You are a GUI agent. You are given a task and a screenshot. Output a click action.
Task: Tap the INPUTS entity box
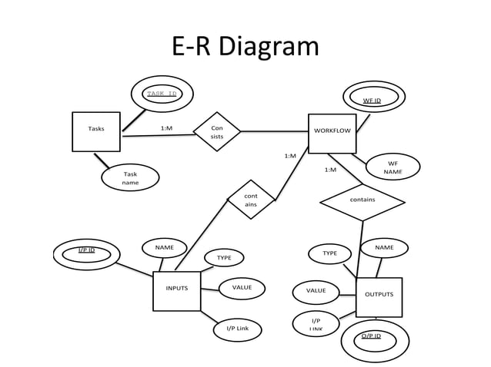pos(176,290)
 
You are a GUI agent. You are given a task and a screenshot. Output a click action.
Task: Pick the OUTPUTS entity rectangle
pos(379,296)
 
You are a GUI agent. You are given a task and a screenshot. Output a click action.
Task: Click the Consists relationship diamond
pos(216,132)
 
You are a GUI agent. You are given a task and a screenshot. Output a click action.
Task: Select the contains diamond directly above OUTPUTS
pos(362,201)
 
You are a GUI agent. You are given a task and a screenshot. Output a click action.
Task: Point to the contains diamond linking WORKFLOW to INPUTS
pos(251,200)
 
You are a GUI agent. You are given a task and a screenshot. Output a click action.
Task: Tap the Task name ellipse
pos(130,178)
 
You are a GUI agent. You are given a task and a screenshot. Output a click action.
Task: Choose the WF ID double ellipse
pos(372,100)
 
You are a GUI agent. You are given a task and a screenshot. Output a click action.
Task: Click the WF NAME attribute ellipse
pos(392,167)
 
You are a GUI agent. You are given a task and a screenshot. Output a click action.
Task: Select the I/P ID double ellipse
pos(87,253)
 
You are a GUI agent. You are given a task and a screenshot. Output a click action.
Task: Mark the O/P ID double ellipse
pos(371,338)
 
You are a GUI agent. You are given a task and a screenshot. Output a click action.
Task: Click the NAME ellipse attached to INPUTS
pos(164,248)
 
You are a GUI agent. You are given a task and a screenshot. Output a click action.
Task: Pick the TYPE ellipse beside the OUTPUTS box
pos(329,253)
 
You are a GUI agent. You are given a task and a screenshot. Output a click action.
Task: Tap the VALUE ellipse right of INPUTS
pos(242,288)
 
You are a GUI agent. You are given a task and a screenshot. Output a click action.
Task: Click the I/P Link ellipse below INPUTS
pos(237,329)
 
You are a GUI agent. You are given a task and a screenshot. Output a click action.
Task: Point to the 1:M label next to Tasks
pos(166,128)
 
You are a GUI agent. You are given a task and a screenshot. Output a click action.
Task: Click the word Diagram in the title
pos(268,47)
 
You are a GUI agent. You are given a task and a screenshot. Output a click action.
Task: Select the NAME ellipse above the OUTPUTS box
pos(384,248)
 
